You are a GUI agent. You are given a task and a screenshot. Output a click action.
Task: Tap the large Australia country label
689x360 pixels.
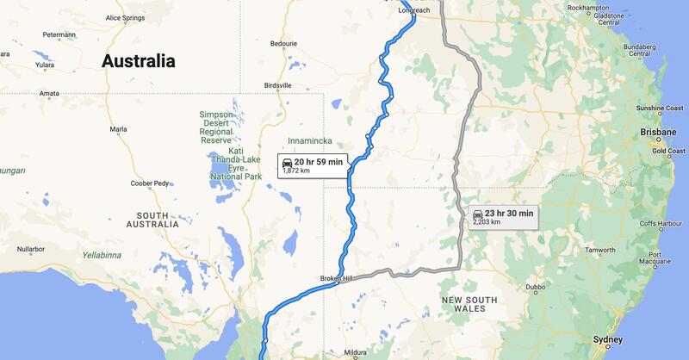point(138,61)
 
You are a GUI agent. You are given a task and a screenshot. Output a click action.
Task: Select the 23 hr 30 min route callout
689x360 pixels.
point(504,216)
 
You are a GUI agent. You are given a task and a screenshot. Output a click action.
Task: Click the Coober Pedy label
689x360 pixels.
point(149,183)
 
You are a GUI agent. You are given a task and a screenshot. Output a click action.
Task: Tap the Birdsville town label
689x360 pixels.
point(278,85)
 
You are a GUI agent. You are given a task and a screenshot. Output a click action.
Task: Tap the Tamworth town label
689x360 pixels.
point(600,251)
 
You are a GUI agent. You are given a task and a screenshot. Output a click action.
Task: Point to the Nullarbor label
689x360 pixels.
point(30,249)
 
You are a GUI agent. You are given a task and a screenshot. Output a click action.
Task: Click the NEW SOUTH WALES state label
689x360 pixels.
point(469,305)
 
